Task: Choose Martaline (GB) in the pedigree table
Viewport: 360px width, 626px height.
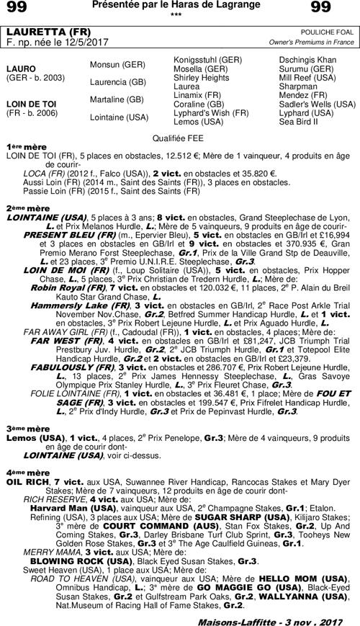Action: coord(117,99)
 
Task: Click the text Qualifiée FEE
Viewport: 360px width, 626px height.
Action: coord(179,136)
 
